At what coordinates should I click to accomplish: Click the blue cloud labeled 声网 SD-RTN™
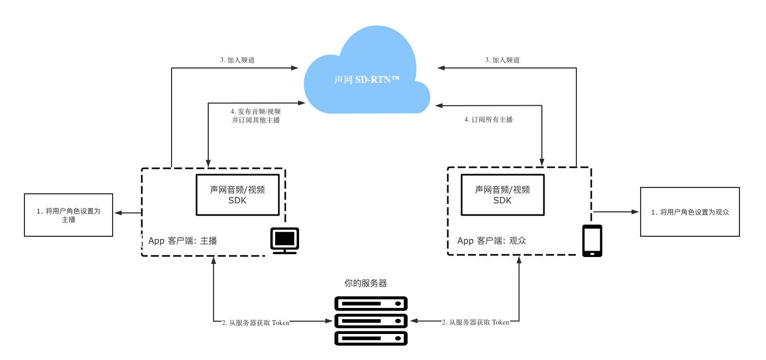point(367,72)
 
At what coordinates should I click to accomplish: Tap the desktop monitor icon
point(285,241)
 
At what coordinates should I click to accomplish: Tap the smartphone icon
point(592,241)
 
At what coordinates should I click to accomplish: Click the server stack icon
point(371,321)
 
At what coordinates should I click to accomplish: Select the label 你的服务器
point(365,283)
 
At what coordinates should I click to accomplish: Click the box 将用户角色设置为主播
point(69,215)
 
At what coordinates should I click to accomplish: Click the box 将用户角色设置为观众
point(690,212)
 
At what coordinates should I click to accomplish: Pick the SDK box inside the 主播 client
point(237,195)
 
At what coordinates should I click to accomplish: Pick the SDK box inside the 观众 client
point(503,195)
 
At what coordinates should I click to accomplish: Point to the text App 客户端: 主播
point(183,241)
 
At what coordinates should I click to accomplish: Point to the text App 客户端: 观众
point(492,241)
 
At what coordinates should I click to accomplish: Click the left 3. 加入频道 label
point(237,60)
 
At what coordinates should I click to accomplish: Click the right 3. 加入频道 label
point(503,60)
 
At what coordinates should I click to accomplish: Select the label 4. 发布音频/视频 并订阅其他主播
point(256,116)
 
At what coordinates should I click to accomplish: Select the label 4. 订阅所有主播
point(489,119)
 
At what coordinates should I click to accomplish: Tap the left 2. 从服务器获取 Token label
point(256,323)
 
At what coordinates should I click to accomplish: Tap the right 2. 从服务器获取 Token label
point(475,322)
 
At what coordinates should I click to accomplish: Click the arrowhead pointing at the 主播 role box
point(118,213)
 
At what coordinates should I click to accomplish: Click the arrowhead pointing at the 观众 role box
point(635,212)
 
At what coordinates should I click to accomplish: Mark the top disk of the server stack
point(371,304)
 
